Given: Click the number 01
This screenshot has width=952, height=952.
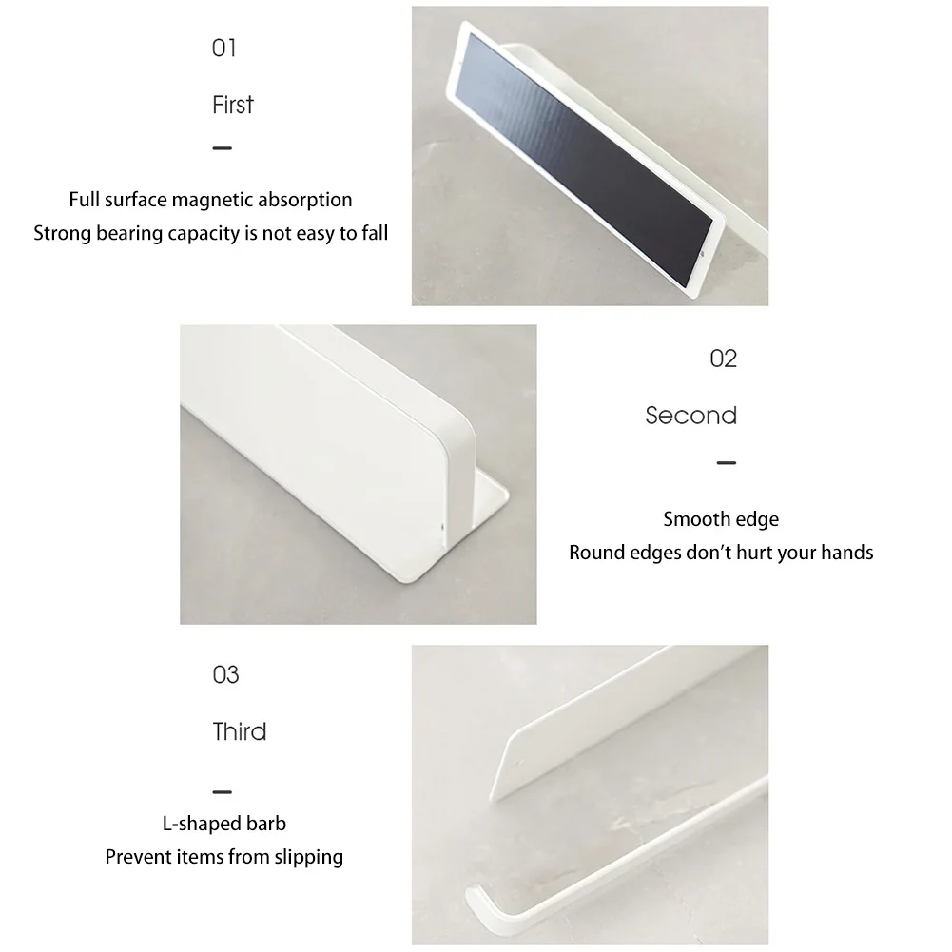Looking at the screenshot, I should pyautogui.click(x=223, y=48).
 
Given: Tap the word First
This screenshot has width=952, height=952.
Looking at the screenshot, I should pyautogui.click(x=233, y=105).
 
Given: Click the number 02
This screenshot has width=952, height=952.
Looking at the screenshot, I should pyautogui.click(x=724, y=359).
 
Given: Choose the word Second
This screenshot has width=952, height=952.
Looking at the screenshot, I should pyautogui.click(x=691, y=416).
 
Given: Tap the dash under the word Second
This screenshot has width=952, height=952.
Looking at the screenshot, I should pyautogui.click(x=726, y=463).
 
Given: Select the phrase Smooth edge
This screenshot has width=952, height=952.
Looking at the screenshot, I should pyautogui.click(x=721, y=519).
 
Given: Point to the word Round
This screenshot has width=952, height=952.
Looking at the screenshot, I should pyautogui.click(x=595, y=553).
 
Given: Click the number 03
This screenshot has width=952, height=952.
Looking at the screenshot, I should pyautogui.click(x=225, y=675).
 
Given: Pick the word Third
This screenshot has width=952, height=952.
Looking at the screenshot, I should pyautogui.click(x=240, y=732).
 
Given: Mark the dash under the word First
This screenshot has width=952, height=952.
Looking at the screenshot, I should pyautogui.click(x=222, y=148).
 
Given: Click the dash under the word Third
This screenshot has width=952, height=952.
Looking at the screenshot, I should pyautogui.click(x=222, y=791).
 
